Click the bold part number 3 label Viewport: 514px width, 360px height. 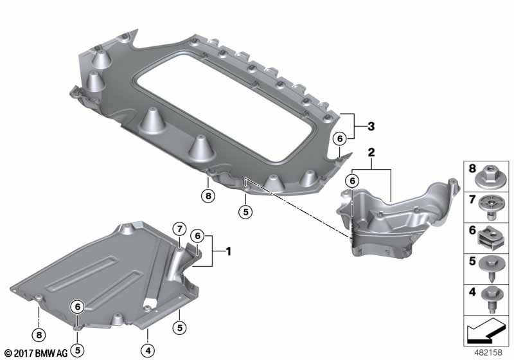tap(371, 126)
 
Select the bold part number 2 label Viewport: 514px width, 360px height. tap(371, 152)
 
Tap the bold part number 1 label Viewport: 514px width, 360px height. tap(229, 251)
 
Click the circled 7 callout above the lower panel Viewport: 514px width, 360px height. tap(179, 229)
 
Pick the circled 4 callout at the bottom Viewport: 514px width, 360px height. tap(148, 351)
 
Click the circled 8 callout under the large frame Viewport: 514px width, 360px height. tap(208, 196)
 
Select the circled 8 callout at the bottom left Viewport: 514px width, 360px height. tap(39, 335)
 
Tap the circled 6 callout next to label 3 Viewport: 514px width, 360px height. tap(340, 139)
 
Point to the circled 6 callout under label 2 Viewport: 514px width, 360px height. tap(352, 181)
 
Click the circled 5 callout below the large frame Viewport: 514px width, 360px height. tap(245, 212)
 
